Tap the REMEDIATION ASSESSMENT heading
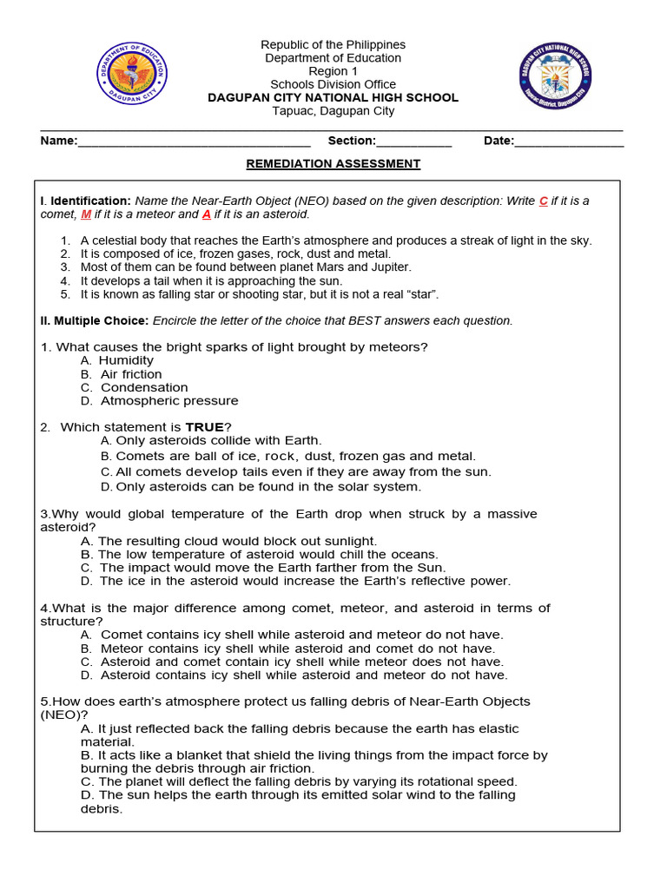333,163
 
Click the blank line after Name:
194,142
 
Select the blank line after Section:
413,142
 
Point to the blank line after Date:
569,142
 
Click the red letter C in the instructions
543,201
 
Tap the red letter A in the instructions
207,214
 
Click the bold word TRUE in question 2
204,427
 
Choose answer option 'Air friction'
130,374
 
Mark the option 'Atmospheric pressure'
168,401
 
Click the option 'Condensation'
143,387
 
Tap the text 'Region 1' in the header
333,71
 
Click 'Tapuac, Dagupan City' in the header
333,111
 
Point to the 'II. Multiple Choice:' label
95,320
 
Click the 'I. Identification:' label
86,201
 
